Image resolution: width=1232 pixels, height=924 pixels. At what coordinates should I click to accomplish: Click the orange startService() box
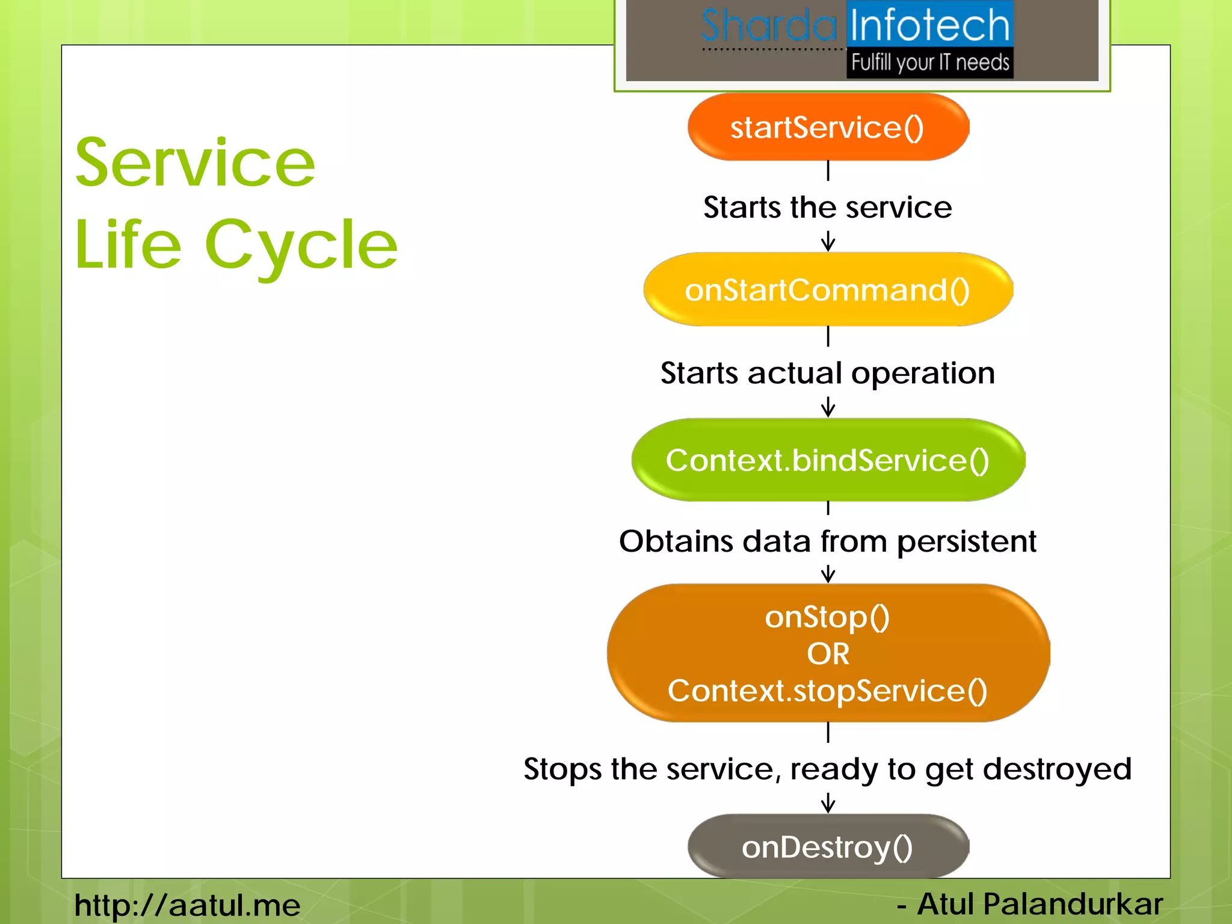(828, 127)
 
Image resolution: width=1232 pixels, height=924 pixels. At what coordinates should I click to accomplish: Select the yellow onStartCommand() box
(828, 290)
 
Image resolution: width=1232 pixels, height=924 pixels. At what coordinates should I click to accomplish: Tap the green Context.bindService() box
(828, 460)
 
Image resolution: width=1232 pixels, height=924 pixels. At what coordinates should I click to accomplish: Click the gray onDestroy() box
(828, 846)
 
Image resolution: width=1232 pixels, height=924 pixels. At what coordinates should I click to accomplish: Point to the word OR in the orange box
(828, 654)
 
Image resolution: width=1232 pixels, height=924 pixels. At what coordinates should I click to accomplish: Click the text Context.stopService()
(828, 691)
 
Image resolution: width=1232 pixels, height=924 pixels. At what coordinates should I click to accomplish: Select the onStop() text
(828, 618)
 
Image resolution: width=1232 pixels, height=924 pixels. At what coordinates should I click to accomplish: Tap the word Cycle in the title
(301, 245)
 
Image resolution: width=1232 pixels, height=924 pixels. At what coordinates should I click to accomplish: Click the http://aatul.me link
(187, 905)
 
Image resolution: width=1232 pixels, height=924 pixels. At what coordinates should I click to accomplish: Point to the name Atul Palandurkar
(1039, 904)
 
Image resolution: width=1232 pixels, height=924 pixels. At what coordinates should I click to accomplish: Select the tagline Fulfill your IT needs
(930, 63)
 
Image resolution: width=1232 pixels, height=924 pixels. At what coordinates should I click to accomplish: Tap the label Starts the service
(828, 208)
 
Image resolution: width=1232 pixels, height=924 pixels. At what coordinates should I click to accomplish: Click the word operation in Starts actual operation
(923, 374)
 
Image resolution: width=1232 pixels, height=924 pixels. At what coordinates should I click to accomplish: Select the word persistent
(966, 541)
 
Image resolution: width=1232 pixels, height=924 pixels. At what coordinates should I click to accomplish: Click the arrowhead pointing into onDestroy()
(828, 806)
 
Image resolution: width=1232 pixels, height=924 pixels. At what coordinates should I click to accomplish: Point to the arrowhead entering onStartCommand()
(828, 245)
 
